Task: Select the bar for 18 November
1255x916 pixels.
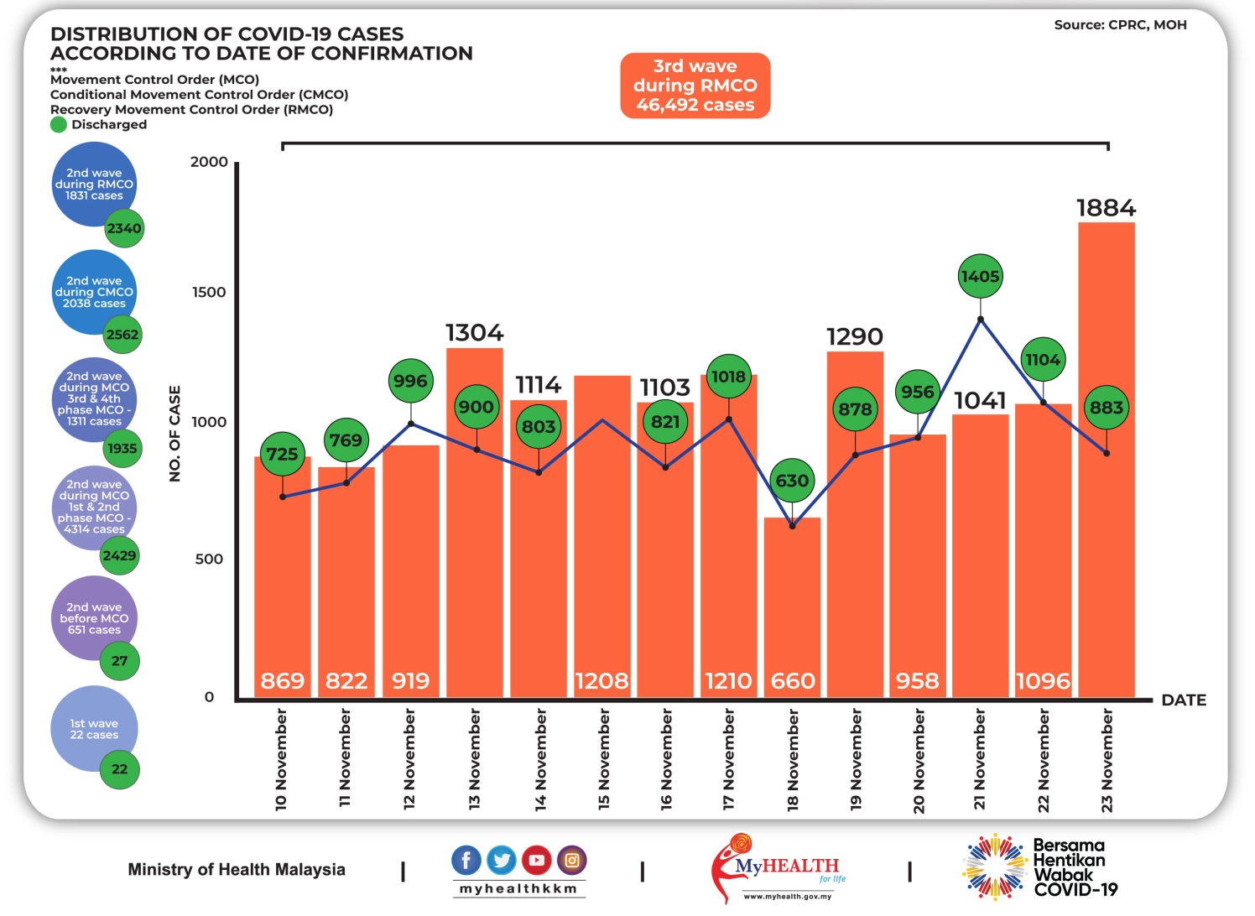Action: (x=792, y=604)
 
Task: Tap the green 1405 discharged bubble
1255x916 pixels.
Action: (x=980, y=276)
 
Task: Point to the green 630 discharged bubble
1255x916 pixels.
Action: (x=792, y=481)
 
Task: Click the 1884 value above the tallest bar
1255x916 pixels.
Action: (x=1106, y=207)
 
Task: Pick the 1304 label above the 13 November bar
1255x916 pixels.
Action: (x=474, y=333)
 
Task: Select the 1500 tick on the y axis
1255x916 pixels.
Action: (x=209, y=292)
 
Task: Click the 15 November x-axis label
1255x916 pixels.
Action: (x=604, y=759)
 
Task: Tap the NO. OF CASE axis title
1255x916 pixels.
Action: (x=174, y=434)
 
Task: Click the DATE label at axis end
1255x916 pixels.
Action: (x=1183, y=700)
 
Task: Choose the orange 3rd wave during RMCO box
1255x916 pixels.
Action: (x=695, y=86)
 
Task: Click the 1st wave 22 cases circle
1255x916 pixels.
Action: (x=93, y=728)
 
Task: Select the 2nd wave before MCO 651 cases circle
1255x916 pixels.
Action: (x=93, y=618)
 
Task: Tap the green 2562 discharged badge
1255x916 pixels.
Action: (x=122, y=335)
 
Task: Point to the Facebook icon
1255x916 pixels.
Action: (x=466, y=860)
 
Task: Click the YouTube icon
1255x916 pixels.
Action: (x=537, y=860)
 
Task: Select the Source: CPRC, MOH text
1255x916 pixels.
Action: (x=1120, y=25)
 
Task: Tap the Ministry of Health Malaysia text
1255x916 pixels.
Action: (x=237, y=870)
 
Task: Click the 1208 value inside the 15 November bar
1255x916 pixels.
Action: (x=601, y=681)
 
